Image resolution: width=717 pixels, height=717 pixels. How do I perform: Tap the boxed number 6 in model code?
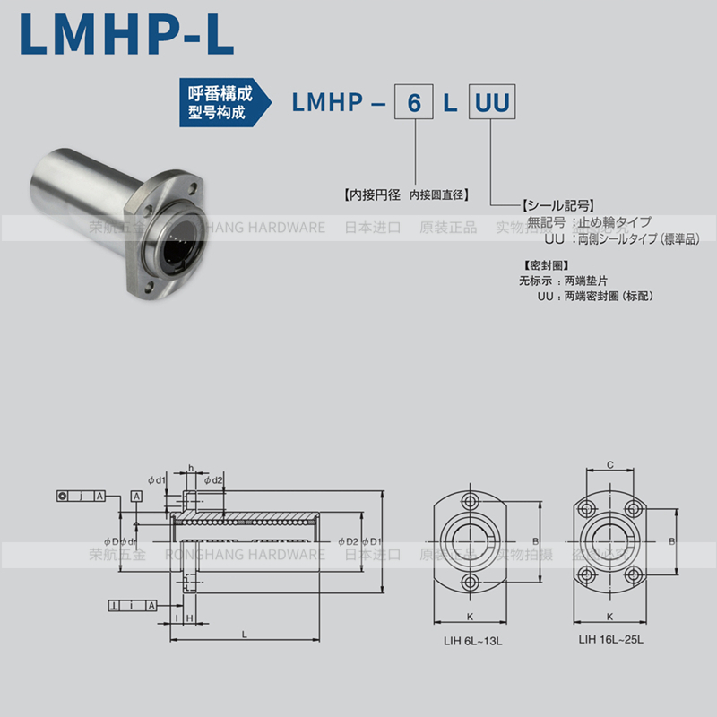(x=414, y=103)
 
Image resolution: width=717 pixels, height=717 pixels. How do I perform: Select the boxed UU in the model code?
(x=491, y=103)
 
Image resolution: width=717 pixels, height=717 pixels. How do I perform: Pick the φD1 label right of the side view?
(x=372, y=541)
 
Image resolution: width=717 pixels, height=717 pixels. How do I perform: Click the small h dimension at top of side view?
(x=191, y=468)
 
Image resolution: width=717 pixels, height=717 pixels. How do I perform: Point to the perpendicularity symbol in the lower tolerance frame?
(x=114, y=607)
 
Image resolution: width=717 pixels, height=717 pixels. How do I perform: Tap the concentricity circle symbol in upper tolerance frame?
(x=62, y=496)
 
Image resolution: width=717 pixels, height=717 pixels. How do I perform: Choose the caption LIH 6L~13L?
(x=470, y=639)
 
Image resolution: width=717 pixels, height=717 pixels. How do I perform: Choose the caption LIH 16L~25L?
(x=610, y=639)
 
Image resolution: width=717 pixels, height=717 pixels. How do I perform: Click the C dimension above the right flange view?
(x=609, y=465)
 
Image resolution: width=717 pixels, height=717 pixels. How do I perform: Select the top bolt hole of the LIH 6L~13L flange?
(x=471, y=499)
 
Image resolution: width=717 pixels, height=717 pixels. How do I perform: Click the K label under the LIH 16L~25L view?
(x=609, y=617)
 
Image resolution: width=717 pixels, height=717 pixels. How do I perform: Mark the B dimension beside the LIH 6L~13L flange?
(x=535, y=540)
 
